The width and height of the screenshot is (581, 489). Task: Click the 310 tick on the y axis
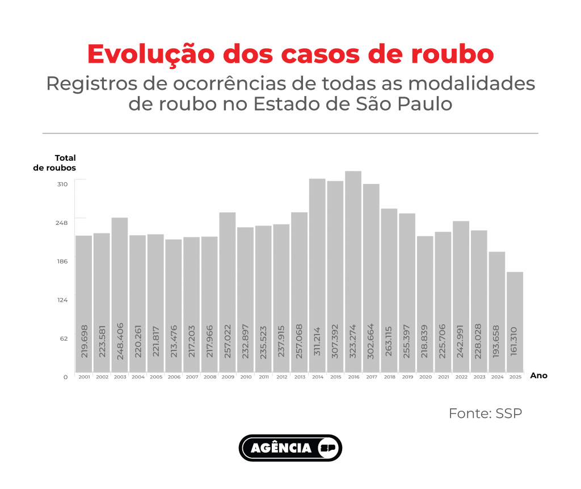(62, 184)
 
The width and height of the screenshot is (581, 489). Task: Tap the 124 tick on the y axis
(62, 300)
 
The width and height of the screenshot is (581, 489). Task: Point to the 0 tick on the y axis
(65, 377)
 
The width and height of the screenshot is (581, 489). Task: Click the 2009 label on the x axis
(228, 377)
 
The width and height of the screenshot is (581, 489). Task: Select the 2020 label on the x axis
(425, 377)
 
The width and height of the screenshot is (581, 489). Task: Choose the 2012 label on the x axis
(281, 377)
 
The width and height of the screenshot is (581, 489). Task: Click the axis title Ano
(538, 376)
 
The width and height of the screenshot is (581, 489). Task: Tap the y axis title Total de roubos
(55, 163)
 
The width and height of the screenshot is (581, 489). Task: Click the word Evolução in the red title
(151, 54)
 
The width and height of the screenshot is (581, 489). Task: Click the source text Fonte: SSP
(485, 413)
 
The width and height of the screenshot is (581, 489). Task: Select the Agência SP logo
(290, 448)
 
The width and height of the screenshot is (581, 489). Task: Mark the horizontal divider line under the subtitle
(290, 133)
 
